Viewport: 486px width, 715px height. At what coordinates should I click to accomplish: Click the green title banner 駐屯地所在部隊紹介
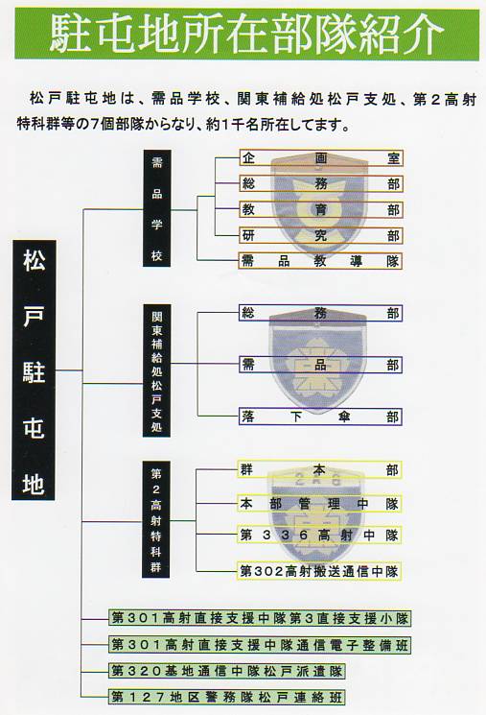tap(247, 34)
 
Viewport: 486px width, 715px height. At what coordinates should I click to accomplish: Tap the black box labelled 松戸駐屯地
tap(35, 369)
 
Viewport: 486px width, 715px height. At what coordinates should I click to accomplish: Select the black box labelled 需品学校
tap(156, 208)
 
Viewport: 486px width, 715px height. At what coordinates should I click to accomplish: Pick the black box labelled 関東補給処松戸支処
tap(156, 370)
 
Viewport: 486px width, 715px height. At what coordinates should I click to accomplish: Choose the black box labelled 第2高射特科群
tap(156, 520)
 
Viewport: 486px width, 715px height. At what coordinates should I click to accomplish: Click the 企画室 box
tap(321, 158)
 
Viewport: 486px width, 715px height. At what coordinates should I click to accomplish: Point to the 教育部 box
tap(321, 210)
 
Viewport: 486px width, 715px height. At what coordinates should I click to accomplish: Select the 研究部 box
tap(321, 235)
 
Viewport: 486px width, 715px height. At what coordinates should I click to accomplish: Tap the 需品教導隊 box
tap(321, 261)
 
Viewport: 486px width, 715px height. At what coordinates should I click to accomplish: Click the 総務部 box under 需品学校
tap(321, 183)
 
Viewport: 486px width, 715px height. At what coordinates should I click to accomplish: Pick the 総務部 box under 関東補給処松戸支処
tap(321, 313)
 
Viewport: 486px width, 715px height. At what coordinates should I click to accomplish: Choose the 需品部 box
tap(321, 365)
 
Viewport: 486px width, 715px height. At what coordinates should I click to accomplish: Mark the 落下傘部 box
tap(321, 417)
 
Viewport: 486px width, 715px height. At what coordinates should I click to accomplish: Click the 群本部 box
tap(319, 469)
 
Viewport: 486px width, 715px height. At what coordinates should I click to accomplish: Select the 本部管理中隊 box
tap(319, 504)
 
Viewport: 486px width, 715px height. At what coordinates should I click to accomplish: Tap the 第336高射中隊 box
tap(319, 535)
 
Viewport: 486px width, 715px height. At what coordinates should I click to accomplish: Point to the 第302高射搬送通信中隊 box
tap(319, 571)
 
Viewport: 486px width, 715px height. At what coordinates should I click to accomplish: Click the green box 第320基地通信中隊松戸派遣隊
tap(227, 671)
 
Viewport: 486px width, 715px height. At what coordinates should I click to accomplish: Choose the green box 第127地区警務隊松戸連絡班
tap(227, 697)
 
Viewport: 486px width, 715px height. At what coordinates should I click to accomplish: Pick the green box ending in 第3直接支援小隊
tap(260, 618)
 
